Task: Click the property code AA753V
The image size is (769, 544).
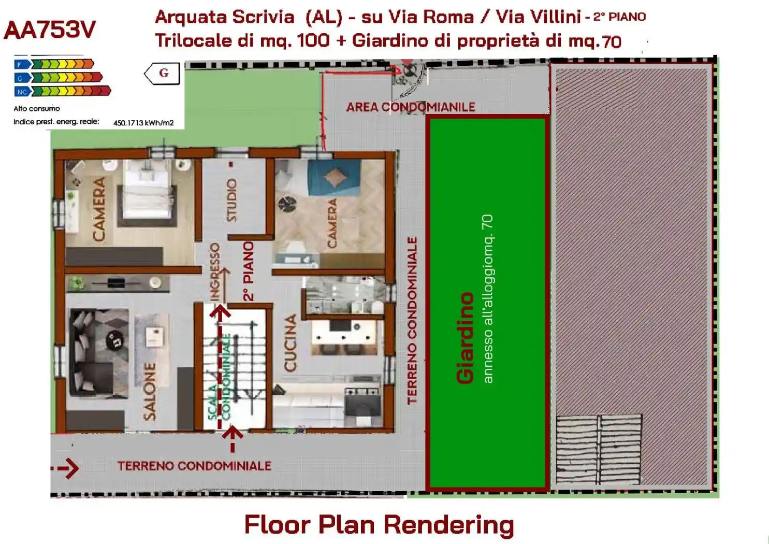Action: pyautogui.click(x=50, y=30)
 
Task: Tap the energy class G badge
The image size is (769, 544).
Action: pyautogui.click(x=164, y=73)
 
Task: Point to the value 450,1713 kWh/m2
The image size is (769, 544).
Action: pyautogui.click(x=143, y=123)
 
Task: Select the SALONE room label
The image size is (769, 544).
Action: pyautogui.click(x=150, y=391)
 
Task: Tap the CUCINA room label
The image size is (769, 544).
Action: pyautogui.click(x=291, y=343)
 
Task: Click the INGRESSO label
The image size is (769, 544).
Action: pyautogui.click(x=214, y=271)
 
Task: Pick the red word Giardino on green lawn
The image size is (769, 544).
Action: pyautogui.click(x=465, y=338)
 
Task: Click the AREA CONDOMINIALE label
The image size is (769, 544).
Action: pyautogui.click(x=411, y=107)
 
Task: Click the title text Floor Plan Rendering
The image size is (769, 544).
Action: pyautogui.click(x=379, y=524)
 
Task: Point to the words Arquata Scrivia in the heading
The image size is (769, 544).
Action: pyautogui.click(x=225, y=17)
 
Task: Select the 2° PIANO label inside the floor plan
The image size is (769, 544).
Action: pyautogui.click(x=249, y=271)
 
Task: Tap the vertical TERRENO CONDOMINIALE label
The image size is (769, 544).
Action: pyautogui.click(x=412, y=320)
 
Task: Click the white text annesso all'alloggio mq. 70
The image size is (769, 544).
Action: pyautogui.click(x=487, y=299)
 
